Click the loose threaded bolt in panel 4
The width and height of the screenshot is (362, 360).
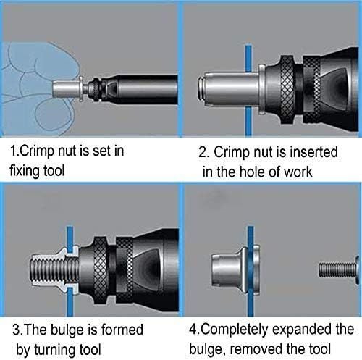339,269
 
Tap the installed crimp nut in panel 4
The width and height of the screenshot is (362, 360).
236,270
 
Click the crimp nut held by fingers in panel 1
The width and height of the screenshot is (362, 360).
68,89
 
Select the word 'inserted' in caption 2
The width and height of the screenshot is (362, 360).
313,152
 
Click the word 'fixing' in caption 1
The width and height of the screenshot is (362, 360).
25,172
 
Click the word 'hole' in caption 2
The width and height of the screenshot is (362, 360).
253,172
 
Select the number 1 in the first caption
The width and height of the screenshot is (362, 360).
13,151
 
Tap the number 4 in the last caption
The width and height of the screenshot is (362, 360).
193,330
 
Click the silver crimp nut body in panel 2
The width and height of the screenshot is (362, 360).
231,90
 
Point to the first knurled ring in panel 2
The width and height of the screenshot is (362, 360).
287,89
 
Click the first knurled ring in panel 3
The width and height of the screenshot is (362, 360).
100,269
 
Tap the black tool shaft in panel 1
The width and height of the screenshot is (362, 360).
145,89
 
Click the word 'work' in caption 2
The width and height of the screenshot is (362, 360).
298,172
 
